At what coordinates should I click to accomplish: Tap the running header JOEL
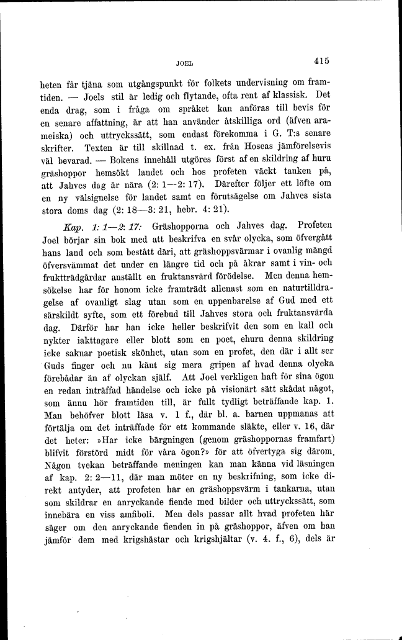point(185,63)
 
